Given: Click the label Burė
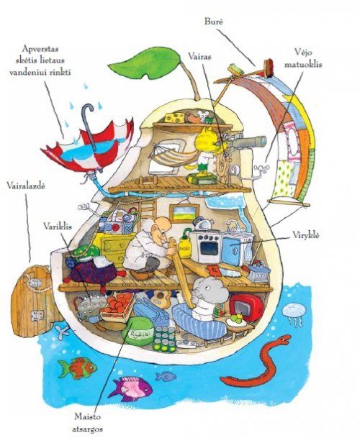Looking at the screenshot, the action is click(x=213, y=22).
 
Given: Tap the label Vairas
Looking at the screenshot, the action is click(x=199, y=56).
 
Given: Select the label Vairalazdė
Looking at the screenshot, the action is click(x=26, y=186).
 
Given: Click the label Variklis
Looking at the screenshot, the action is click(x=58, y=227).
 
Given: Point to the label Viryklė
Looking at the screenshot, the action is click(x=306, y=235).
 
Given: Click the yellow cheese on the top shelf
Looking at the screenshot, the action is click(x=175, y=117).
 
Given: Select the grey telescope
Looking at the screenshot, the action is click(x=246, y=142).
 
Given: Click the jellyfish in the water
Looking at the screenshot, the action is click(x=292, y=314).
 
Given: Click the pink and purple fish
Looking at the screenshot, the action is click(x=131, y=388).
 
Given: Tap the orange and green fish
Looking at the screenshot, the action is click(x=77, y=368).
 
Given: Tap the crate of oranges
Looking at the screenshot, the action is click(x=117, y=306).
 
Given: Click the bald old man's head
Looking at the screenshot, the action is click(x=160, y=227).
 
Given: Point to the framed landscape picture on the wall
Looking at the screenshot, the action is click(x=184, y=214).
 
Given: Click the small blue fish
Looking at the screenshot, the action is click(x=166, y=376).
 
